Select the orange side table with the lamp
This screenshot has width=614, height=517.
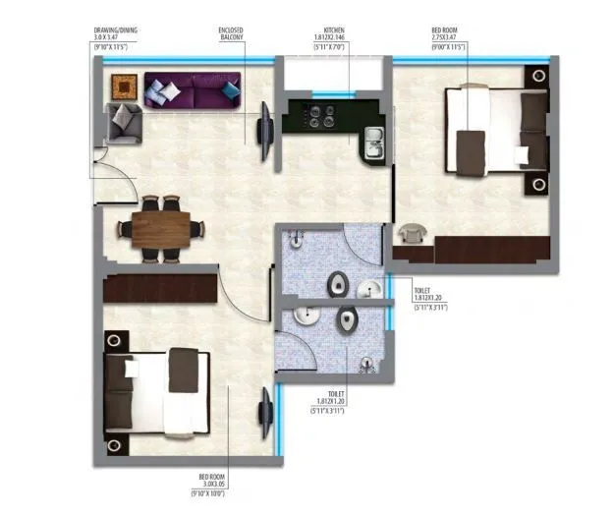tap(123, 86)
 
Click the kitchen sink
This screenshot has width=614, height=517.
tap(373, 144)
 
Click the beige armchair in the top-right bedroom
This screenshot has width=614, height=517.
tap(411, 236)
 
